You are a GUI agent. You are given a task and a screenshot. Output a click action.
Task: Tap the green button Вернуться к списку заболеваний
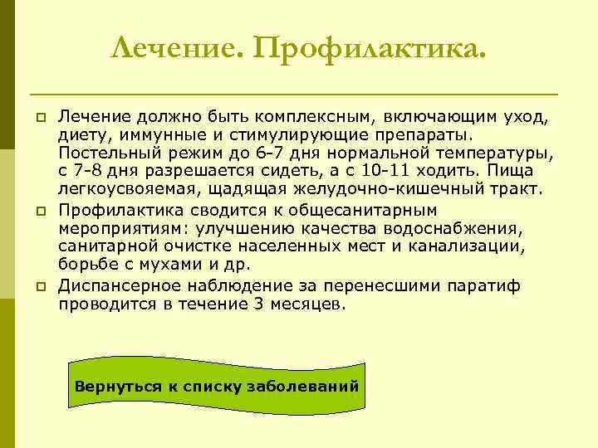217,387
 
